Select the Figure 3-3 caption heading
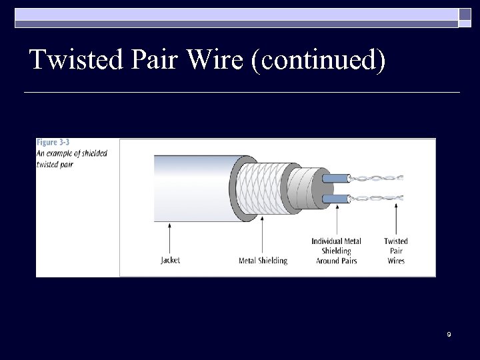click(53, 142)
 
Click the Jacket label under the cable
click(171, 260)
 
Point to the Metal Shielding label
click(263, 260)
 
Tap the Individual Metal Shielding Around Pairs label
click(336, 251)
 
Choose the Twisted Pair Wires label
click(396, 251)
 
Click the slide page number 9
click(449, 334)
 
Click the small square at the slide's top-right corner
click(464, 15)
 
